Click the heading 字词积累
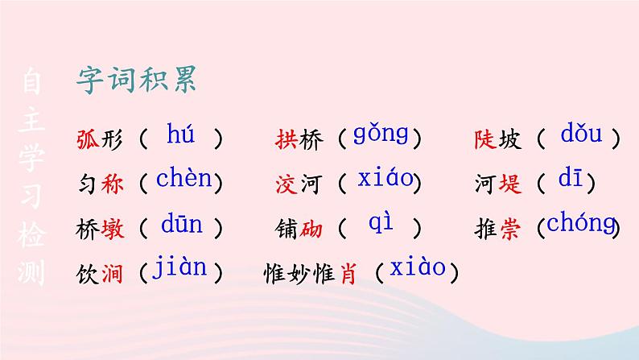[137, 79]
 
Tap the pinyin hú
[180, 133]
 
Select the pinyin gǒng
[381, 134]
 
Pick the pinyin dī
[570, 177]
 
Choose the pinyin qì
[381, 222]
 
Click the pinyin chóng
[581, 222]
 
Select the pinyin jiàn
[179, 267]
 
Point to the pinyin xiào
[418, 267]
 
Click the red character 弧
[88, 139]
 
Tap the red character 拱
[287, 139]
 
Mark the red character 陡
[485, 139]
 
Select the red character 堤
[510, 184]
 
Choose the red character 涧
[112, 273]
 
